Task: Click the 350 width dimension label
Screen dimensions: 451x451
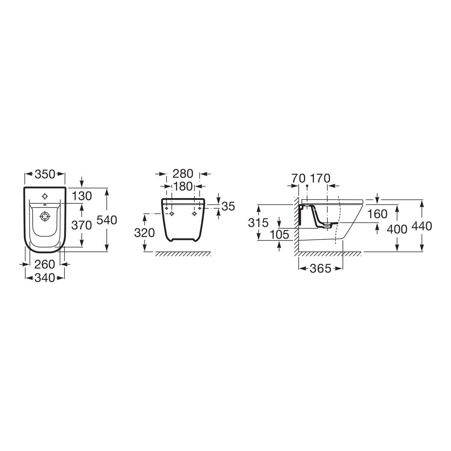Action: pyautogui.click(x=45, y=174)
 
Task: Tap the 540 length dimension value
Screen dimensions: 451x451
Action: pyautogui.click(x=107, y=220)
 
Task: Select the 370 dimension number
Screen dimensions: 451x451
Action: pyautogui.click(x=82, y=225)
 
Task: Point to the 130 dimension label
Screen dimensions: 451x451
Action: pyautogui.click(x=82, y=196)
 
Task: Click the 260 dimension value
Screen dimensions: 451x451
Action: pyautogui.click(x=45, y=265)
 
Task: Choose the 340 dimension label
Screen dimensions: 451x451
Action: pyautogui.click(x=45, y=278)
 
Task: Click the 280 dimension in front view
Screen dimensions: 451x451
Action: pyautogui.click(x=183, y=174)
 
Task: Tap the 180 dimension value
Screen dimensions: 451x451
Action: pyautogui.click(x=183, y=186)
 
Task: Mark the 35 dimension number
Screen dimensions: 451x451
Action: pyautogui.click(x=228, y=206)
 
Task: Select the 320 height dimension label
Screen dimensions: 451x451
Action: pyautogui.click(x=144, y=233)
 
